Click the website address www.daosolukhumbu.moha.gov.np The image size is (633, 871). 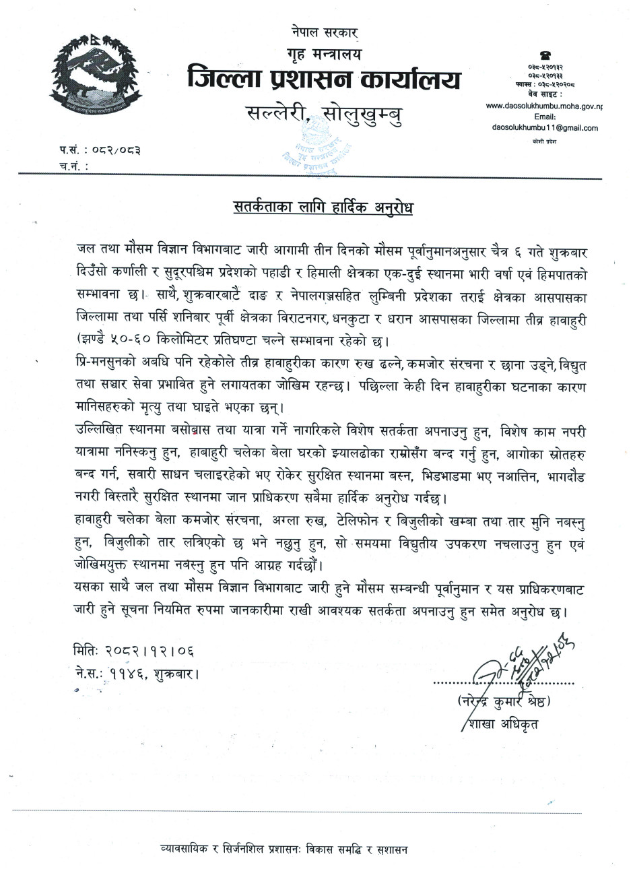point(544,106)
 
